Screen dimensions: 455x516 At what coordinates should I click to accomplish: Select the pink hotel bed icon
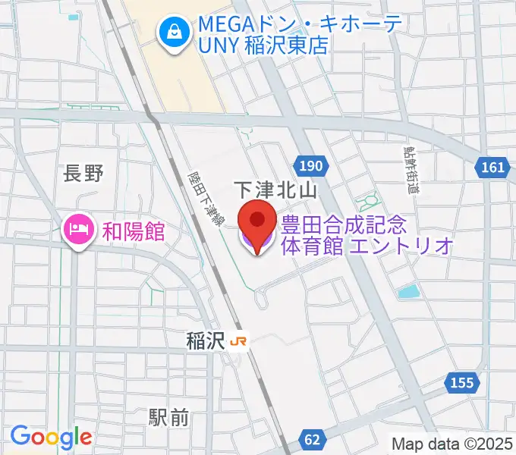click(x=78, y=228)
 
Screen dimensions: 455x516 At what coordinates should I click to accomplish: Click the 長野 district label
click(x=83, y=174)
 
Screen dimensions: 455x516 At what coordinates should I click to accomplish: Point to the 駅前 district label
click(x=168, y=416)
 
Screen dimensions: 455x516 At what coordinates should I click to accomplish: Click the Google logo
click(x=51, y=437)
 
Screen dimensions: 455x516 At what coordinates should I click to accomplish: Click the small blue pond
click(x=408, y=291)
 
